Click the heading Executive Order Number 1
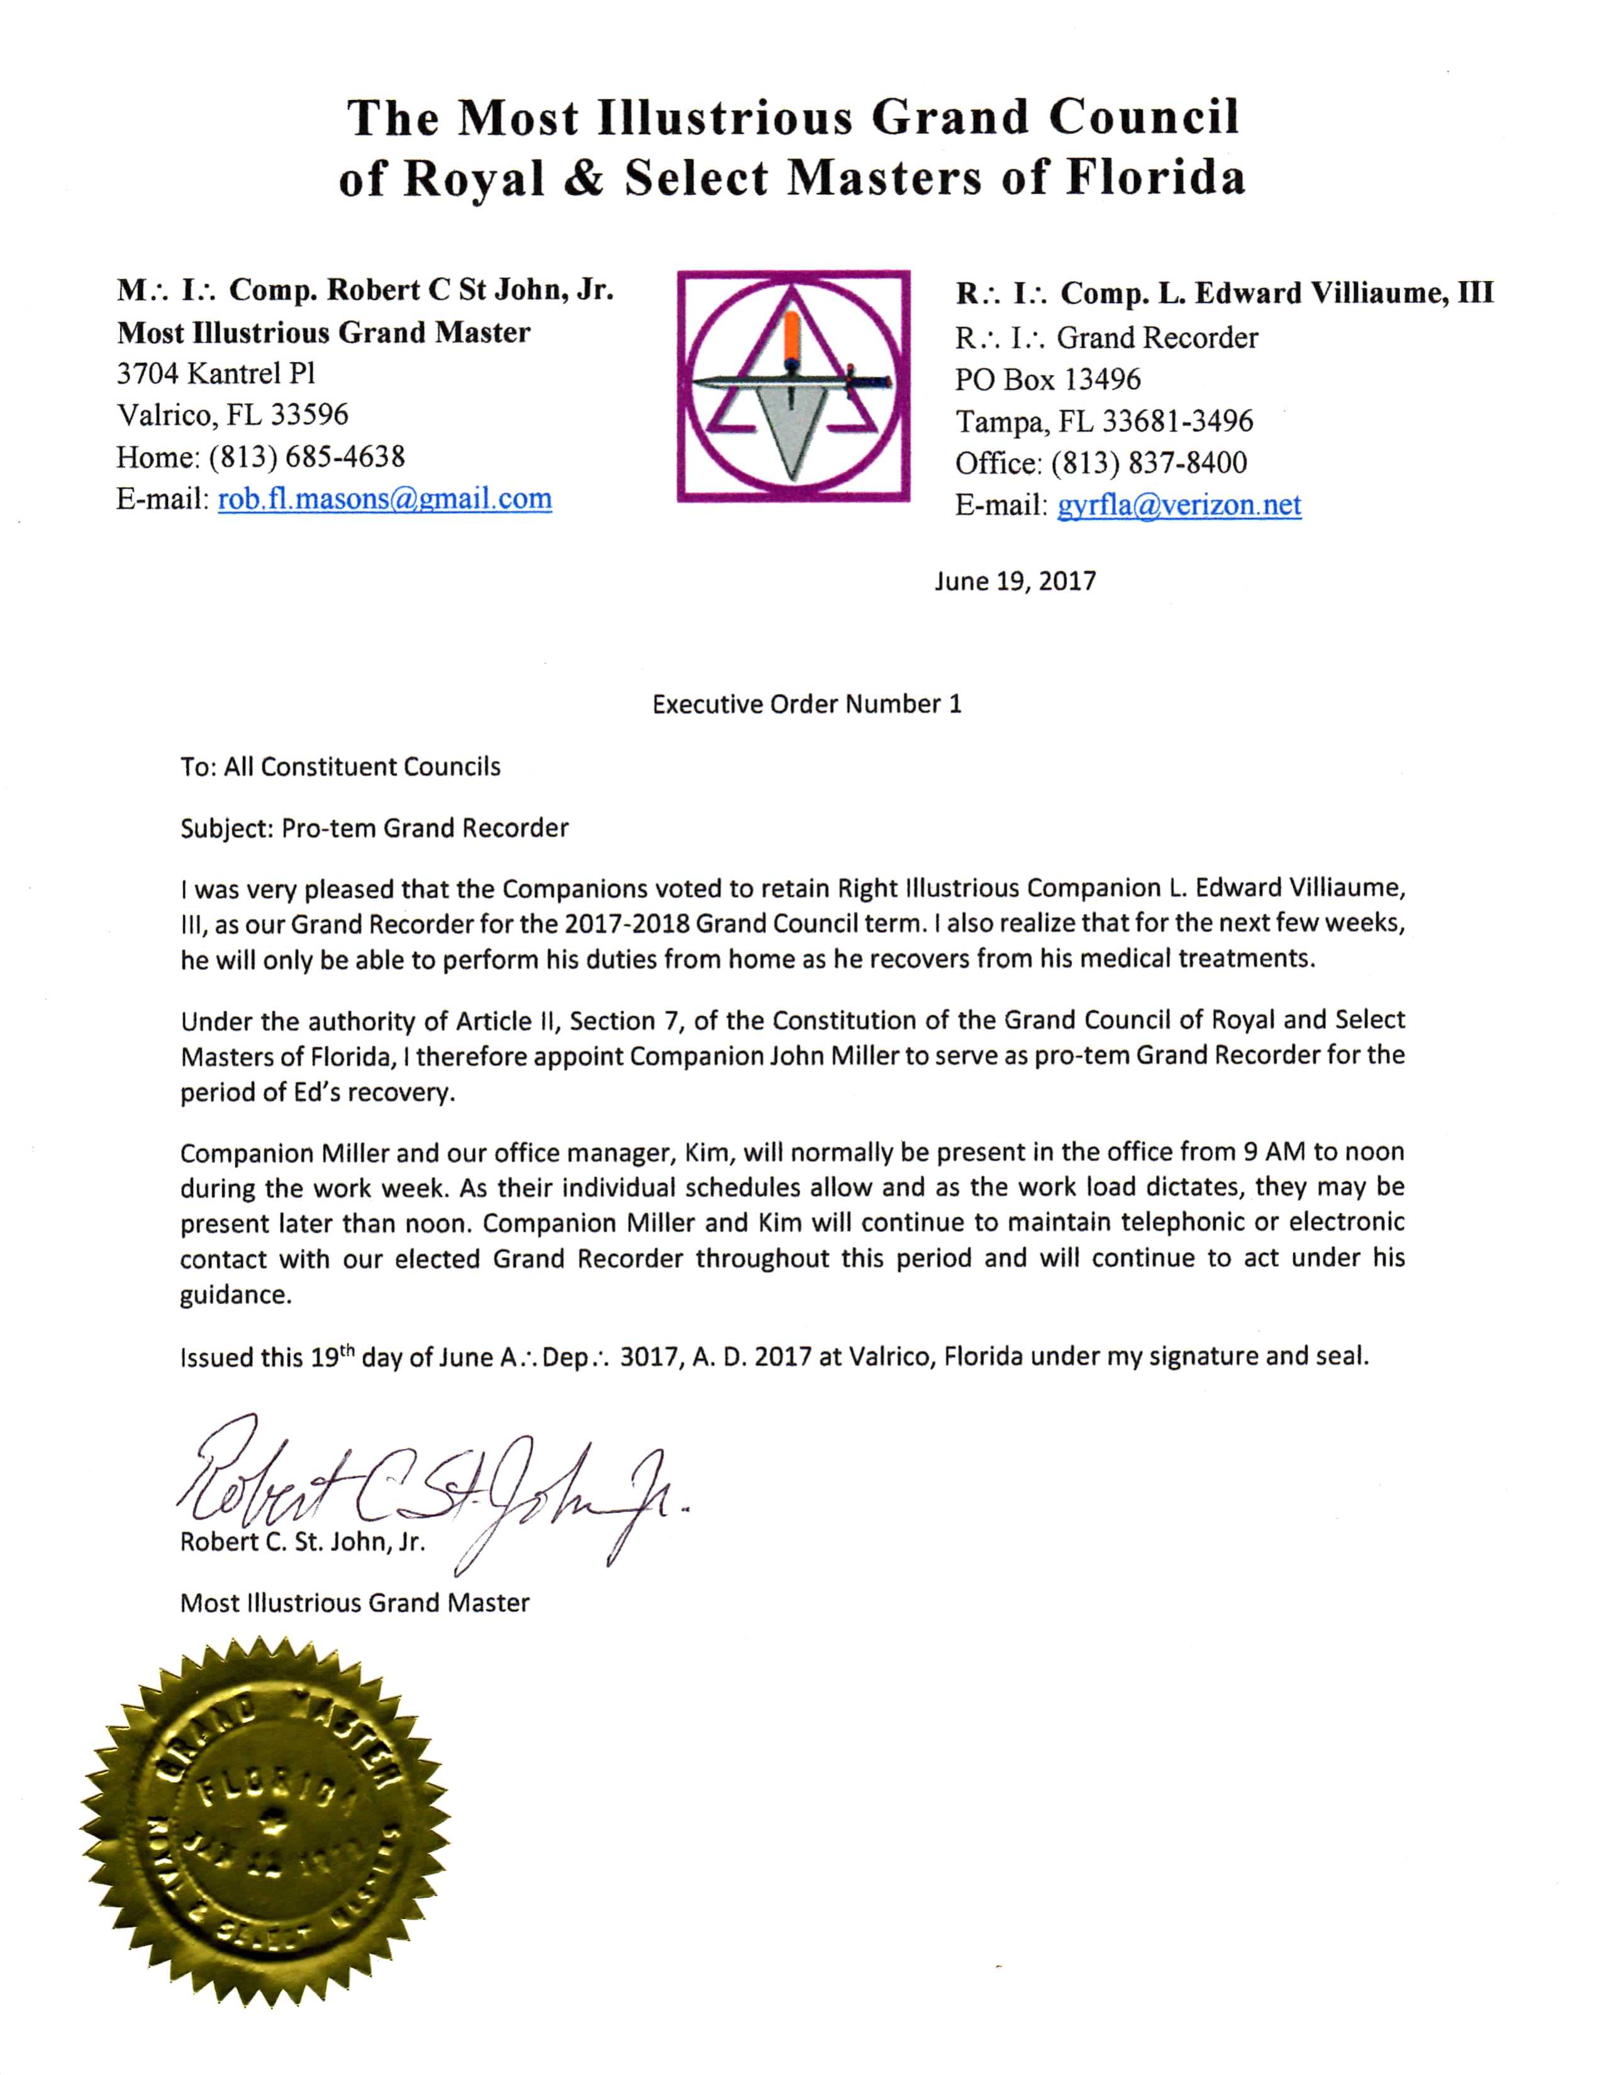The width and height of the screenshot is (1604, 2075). [x=806, y=704]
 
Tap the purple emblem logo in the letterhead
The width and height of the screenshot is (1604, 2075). [x=793, y=385]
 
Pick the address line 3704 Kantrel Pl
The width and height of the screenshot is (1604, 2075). [x=216, y=373]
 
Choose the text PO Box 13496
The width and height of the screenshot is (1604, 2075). [x=1047, y=380]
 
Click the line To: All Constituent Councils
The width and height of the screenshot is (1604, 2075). [x=340, y=766]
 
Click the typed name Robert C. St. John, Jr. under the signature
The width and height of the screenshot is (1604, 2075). [x=302, y=1541]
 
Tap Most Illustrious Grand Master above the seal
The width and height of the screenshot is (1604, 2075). [x=354, y=1603]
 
